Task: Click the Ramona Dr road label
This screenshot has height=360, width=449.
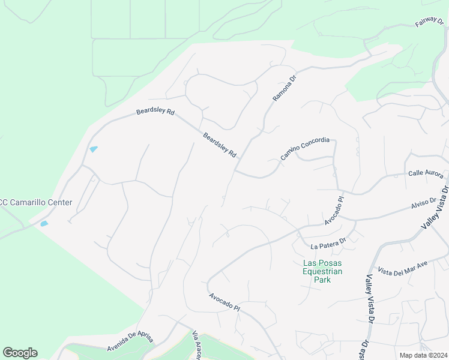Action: point(285,86)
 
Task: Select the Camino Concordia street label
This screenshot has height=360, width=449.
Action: point(305,149)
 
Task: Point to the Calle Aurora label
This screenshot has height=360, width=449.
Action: point(426,173)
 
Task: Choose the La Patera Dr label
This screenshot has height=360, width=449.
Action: point(328,243)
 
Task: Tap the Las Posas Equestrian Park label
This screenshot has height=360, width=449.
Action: point(322,271)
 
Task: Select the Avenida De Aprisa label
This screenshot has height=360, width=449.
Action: point(130,340)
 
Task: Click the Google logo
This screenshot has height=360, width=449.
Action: point(20,352)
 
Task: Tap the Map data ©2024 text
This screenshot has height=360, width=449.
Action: point(423,355)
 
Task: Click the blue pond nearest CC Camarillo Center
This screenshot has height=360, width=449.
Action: point(44,224)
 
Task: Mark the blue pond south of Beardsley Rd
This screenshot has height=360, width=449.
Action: point(93,149)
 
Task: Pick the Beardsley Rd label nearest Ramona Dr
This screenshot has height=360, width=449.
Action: point(219,145)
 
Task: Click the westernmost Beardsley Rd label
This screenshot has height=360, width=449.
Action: point(155,112)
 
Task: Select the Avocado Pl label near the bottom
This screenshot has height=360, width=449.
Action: point(224,302)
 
